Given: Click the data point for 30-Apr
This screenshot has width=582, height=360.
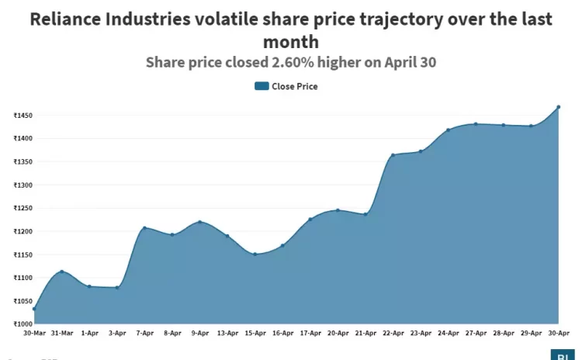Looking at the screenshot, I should tap(558, 107).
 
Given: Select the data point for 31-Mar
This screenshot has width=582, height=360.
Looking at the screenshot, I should tap(62, 272).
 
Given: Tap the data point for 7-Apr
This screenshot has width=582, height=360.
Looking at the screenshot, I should tap(144, 228).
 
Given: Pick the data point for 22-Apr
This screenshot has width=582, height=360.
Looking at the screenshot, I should tap(393, 155).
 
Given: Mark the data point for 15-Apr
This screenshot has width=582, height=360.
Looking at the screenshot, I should tap(255, 254).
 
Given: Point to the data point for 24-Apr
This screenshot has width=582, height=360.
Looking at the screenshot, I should tap(448, 130).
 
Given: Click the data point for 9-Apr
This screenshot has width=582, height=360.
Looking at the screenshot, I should tap(199, 222).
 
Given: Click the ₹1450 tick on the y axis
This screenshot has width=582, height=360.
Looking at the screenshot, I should tap(23, 116).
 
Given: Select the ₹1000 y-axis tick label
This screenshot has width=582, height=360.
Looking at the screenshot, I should tap(23, 324).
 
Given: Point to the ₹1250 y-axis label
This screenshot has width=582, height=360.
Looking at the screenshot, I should tap(23, 208).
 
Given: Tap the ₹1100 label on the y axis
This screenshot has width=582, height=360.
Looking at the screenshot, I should tap(23, 278).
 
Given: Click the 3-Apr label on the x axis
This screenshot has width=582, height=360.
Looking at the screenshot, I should tap(117, 333).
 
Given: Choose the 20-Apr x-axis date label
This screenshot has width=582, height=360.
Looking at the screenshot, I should tap(338, 333).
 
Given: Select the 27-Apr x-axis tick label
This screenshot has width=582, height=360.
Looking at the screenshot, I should tap(476, 333).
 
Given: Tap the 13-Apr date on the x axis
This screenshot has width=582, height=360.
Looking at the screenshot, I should tap(227, 333).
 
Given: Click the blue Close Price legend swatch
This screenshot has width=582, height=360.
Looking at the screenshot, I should tap(262, 86).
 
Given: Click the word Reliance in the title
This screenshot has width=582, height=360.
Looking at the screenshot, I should tap(68, 20).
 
